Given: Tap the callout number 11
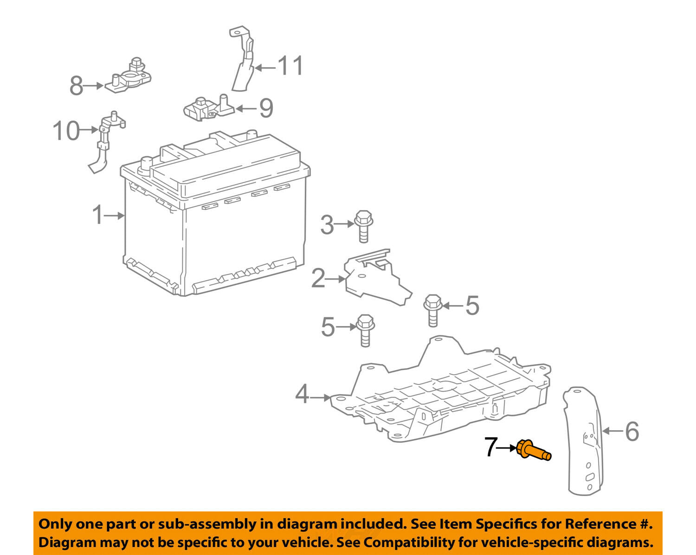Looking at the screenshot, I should [291, 66].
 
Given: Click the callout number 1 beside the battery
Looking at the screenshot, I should [98, 215].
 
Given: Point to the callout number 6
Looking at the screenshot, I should [632, 431].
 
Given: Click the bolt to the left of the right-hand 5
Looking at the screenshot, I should [432, 310].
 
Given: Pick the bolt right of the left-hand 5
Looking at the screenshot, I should [365, 330].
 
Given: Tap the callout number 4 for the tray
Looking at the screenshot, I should [302, 396].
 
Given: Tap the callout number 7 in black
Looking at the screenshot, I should [491, 447].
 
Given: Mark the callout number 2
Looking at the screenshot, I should [318, 279].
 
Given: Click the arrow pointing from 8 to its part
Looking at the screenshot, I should [94, 85].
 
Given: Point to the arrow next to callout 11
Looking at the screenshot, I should [265, 68].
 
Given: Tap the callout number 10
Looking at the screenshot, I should [66, 131].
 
